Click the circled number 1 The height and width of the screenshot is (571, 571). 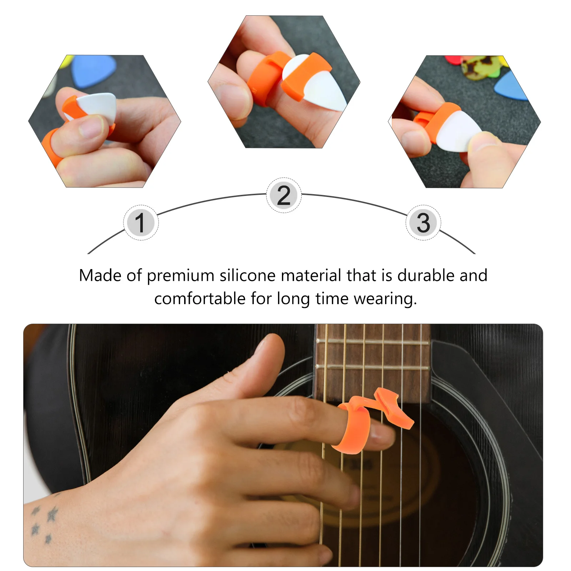[x=141, y=223]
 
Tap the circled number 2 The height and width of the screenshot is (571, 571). [x=284, y=195]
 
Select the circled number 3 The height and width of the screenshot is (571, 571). [x=423, y=223]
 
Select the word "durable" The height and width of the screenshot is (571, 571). [x=426, y=276]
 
